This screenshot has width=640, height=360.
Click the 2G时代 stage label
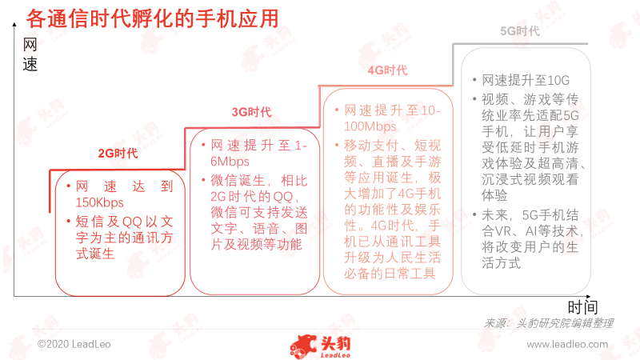pyautogui.click(x=118, y=154)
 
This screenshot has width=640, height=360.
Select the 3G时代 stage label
pyautogui.click(x=251, y=112)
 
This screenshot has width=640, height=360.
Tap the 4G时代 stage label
pyautogui.click(x=387, y=70)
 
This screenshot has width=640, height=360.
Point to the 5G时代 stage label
pyautogui.click(x=520, y=31)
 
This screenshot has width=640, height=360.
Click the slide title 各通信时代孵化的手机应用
pyautogui.click(x=152, y=18)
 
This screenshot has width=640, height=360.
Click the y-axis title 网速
pyautogui.click(x=30, y=54)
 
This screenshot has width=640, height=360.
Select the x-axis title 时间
pyautogui.click(x=582, y=307)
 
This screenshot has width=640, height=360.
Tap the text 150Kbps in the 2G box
pyautogui.click(x=99, y=202)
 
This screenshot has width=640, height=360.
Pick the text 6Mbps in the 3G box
pyautogui.click(x=230, y=162)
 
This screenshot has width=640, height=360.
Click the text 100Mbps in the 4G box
pyautogui.click(x=370, y=126)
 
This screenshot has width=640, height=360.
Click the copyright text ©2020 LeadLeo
pyautogui.click(x=74, y=344)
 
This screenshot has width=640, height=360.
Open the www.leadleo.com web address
pyautogui.click(x=567, y=344)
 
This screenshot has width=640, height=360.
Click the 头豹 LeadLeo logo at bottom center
pyautogui.click(x=321, y=346)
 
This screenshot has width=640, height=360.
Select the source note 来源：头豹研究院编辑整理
pyautogui.click(x=548, y=323)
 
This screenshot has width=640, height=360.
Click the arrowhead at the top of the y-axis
pyautogui.click(x=14, y=25)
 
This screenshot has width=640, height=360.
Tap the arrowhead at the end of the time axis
pyautogui.click(x=588, y=296)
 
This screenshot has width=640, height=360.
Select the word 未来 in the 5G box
pyautogui.click(x=495, y=214)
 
